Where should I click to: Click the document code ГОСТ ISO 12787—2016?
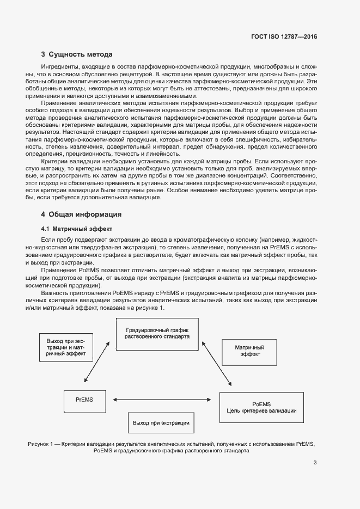[283, 36]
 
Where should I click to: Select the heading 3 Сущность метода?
[77, 54]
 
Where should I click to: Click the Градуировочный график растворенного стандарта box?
[157, 333]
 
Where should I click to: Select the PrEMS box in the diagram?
[84, 400]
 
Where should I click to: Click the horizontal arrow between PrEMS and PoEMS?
[161, 400]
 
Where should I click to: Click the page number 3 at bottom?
[315, 463]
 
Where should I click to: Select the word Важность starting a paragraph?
[54, 293]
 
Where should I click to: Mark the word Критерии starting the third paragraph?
[54, 161]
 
